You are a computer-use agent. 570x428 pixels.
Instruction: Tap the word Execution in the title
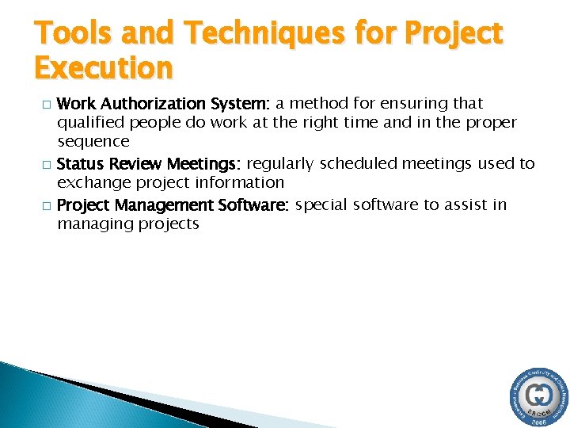click(104, 68)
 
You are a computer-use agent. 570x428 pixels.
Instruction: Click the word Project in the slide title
click(453, 33)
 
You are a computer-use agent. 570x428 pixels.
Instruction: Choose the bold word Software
click(252, 205)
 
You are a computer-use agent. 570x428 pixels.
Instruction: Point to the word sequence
click(93, 142)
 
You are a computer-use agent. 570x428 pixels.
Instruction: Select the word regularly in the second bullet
click(281, 164)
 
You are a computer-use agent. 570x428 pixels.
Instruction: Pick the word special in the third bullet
click(321, 205)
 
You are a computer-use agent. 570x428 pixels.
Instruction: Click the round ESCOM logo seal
click(538, 396)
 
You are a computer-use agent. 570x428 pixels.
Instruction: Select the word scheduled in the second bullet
click(356, 164)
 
